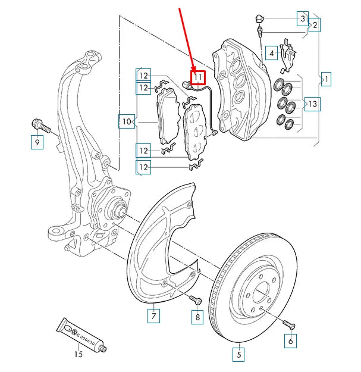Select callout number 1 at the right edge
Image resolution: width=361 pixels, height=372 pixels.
click(x=325, y=78)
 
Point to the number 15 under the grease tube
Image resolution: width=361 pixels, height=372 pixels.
click(x=79, y=355)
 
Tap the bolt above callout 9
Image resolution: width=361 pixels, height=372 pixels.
click(x=39, y=126)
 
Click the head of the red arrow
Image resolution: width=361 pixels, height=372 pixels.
click(x=194, y=67)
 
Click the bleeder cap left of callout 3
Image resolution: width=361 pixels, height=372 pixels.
click(x=259, y=16)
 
